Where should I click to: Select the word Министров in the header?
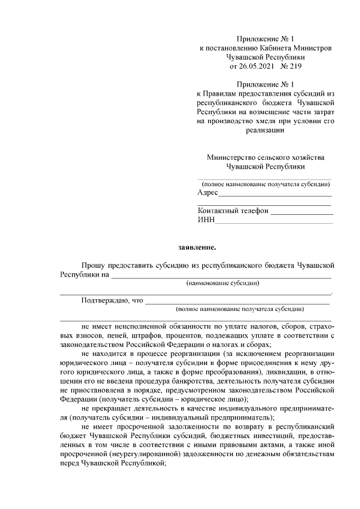[x=310, y=48]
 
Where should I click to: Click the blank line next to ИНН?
[x=274, y=222]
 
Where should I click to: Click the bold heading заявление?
[x=197, y=246]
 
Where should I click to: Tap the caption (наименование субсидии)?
[x=223, y=284]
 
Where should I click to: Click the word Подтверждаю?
[x=105, y=300]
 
